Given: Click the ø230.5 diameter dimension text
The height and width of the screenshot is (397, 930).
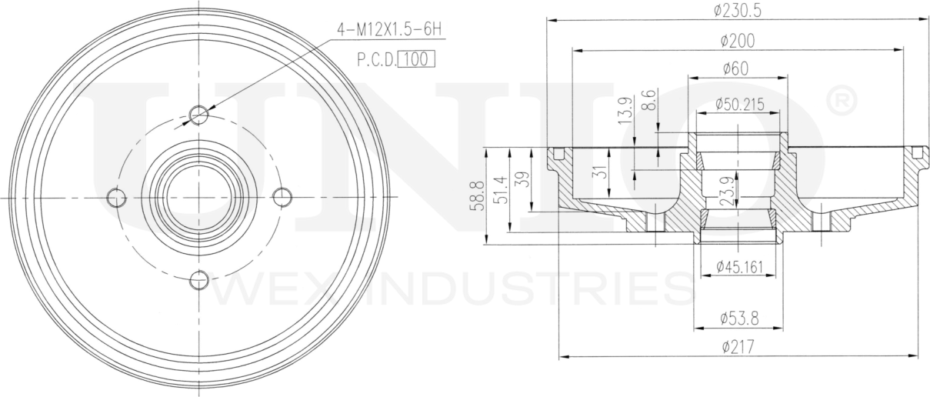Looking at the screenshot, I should pyautogui.click(x=738, y=10).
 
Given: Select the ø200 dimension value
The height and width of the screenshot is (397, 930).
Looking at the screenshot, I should pyautogui.click(x=738, y=40).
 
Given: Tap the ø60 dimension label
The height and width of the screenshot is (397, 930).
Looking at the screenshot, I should pyautogui.click(x=736, y=68).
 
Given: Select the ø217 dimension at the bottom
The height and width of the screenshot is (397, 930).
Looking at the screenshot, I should pyautogui.click(x=737, y=347).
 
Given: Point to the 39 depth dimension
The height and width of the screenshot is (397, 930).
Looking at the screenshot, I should pyautogui.click(x=524, y=180).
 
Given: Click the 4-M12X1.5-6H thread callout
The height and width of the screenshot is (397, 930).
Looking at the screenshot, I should pyautogui.click(x=389, y=29).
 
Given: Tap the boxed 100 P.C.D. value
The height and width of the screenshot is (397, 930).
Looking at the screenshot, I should pyautogui.click(x=416, y=59).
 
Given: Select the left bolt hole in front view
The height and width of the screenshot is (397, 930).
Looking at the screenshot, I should pyautogui.click(x=116, y=198).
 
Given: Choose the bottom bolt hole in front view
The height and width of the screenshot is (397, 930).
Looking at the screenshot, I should pyautogui.click(x=199, y=280).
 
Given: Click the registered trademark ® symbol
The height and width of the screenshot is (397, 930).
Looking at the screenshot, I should pyautogui.click(x=840, y=101).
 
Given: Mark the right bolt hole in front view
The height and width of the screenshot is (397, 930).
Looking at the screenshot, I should pyautogui.click(x=282, y=198).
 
